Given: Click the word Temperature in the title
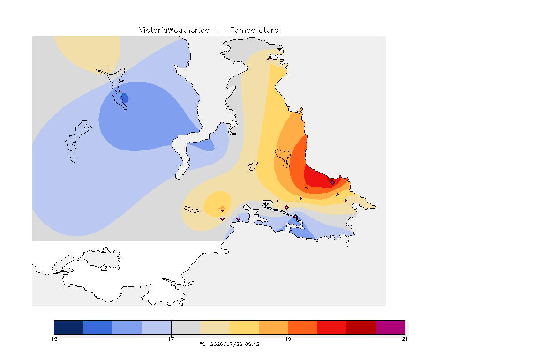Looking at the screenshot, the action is pos(254,30).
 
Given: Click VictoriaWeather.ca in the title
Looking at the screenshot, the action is pos(174,30).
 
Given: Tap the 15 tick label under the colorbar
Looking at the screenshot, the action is pos(54,339).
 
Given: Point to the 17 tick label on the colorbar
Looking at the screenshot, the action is pos(171,339).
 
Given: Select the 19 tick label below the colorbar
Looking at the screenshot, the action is pos(288,339).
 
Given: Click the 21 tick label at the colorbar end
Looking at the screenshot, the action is pos(405,339).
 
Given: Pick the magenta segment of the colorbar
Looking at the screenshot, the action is pos(390,327).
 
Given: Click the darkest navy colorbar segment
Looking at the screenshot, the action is pos(69,327).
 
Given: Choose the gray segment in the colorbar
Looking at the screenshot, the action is pos(186,327).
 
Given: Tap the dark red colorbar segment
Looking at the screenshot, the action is pos(361,327).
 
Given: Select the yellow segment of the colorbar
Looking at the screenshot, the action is pos(244,327).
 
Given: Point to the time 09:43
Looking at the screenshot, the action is pos(252,344).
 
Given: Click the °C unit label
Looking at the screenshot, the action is pos(202,344).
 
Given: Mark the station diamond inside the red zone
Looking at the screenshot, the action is pos(332,183).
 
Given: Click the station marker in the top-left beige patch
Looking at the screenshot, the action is pos(108,69).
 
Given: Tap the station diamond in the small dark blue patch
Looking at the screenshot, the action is pos(122,94).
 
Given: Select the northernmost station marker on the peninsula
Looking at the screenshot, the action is pos(270,59).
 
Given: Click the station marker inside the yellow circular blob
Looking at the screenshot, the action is pos(223,210).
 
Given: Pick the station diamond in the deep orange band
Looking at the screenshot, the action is pos(306,189).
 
